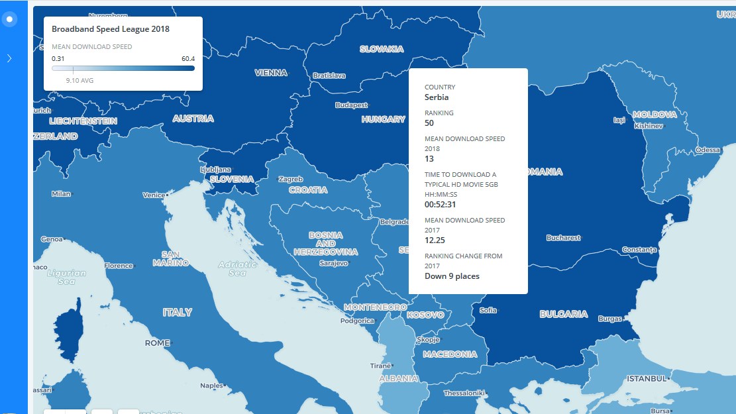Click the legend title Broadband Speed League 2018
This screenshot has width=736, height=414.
point(111,29)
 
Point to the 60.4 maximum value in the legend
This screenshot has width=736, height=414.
point(188,58)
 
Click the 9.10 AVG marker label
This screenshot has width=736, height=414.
point(79,80)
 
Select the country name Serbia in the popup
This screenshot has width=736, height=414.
point(437,97)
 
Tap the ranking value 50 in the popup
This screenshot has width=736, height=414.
point(429,123)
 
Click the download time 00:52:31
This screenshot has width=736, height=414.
point(440,205)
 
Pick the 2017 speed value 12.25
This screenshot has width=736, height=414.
point(435,240)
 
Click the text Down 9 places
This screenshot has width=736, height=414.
point(452,276)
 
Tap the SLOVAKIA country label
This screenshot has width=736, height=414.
point(382,49)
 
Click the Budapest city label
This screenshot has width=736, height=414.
point(351,105)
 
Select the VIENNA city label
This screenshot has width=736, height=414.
point(271,73)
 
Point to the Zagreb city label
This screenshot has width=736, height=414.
point(291,180)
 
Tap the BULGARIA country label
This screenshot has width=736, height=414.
point(563,314)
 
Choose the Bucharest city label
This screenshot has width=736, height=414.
point(563,238)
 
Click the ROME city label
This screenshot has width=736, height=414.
point(158,343)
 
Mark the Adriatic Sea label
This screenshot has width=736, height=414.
point(237,268)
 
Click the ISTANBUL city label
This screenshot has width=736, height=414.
point(646,379)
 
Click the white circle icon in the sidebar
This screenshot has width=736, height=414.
point(9,19)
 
